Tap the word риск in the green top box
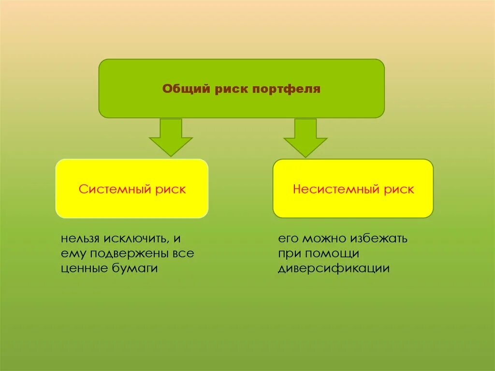[230, 89]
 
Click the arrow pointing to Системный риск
[171, 137]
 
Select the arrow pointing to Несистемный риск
[306, 138]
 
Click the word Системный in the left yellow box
[115, 189]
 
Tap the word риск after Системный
[170, 189]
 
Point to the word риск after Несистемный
[399, 189]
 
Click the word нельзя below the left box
[80, 239]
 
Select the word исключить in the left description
[135, 239]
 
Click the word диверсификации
[334, 268]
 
